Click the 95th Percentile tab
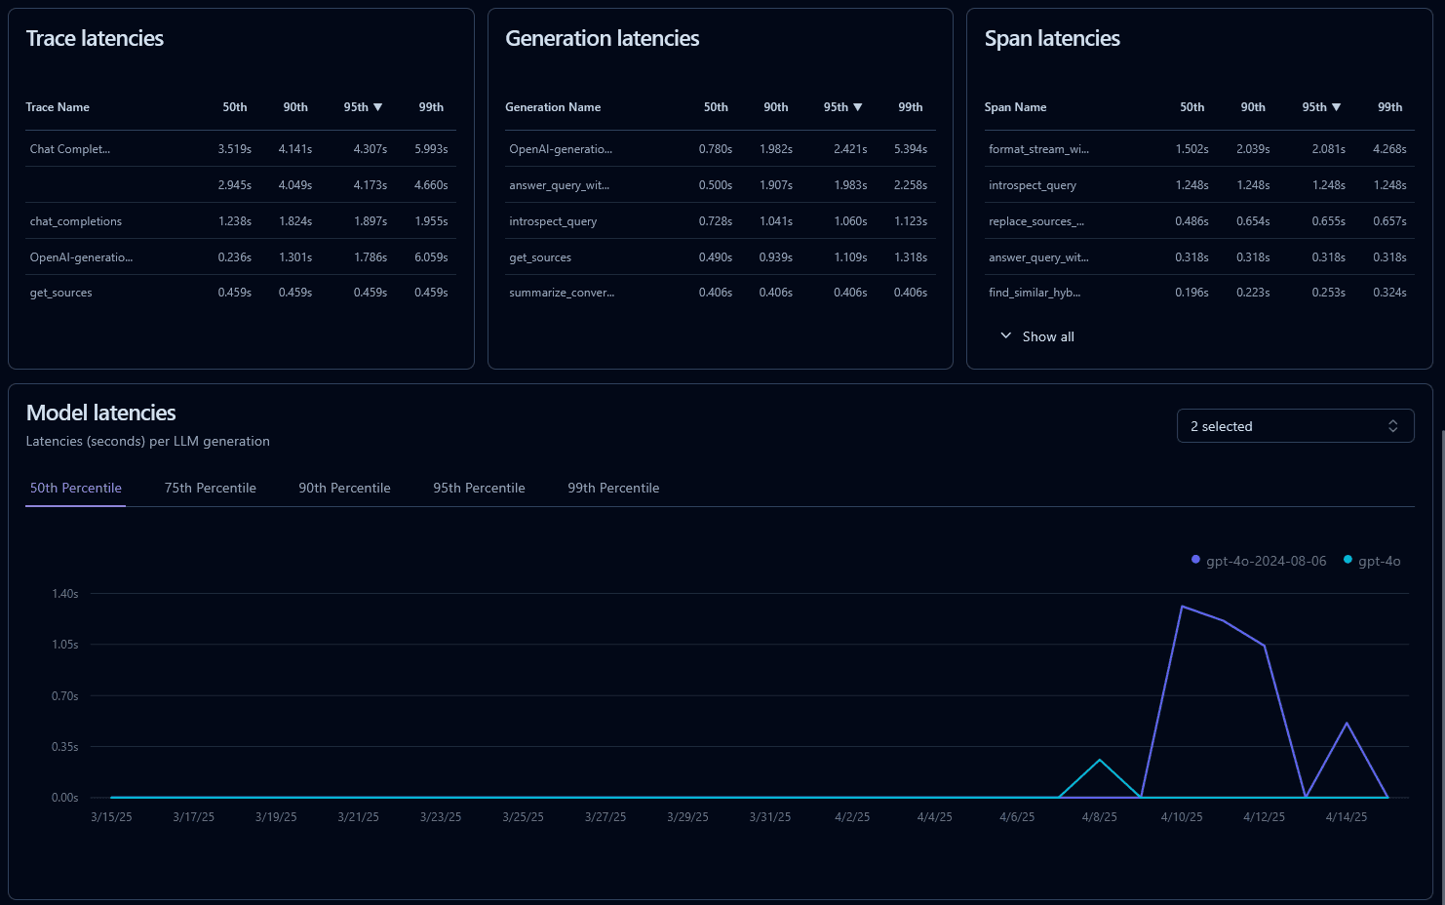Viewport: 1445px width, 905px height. pyautogui.click(x=479, y=488)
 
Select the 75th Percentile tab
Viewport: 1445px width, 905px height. pyautogui.click(x=210, y=488)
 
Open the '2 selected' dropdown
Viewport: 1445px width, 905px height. pyautogui.click(x=1294, y=426)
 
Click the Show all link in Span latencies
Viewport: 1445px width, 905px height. pyautogui.click(x=1047, y=336)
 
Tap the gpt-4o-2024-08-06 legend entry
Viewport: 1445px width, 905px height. pyautogui.click(x=1265, y=561)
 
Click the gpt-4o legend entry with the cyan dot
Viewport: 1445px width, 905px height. pyautogui.click(x=1378, y=561)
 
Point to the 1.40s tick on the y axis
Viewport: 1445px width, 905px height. pyautogui.click(x=65, y=594)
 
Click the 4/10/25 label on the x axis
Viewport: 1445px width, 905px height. pyautogui.click(x=1181, y=817)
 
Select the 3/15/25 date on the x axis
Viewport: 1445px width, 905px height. pyautogui.click(x=111, y=817)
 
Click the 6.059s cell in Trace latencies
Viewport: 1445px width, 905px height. pyautogui.click(x=431, y=257)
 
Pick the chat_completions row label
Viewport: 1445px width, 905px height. pyautogui.click(x=76, y=221)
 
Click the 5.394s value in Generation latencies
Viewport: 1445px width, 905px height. pyautogui.click(x=910, y=149)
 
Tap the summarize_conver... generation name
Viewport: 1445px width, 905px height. pyautogui.click(x=562, y=293)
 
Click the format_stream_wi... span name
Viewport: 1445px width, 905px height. pyautogui.click(x=1038, y=149)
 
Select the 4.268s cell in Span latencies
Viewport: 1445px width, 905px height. pyautogui.click(x=1389, y=149)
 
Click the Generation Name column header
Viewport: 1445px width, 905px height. pyautogui.click(x=553, y=107)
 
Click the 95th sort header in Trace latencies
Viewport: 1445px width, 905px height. pyautogui.click(x=362, y=107)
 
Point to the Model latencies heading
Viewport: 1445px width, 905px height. pyautogui.click(x=101, y=413)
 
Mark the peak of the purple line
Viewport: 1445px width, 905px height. pyautogui.click(x=1182, y=607)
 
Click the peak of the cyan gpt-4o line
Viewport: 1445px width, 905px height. pyautogui.click(x=1100, y=760)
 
